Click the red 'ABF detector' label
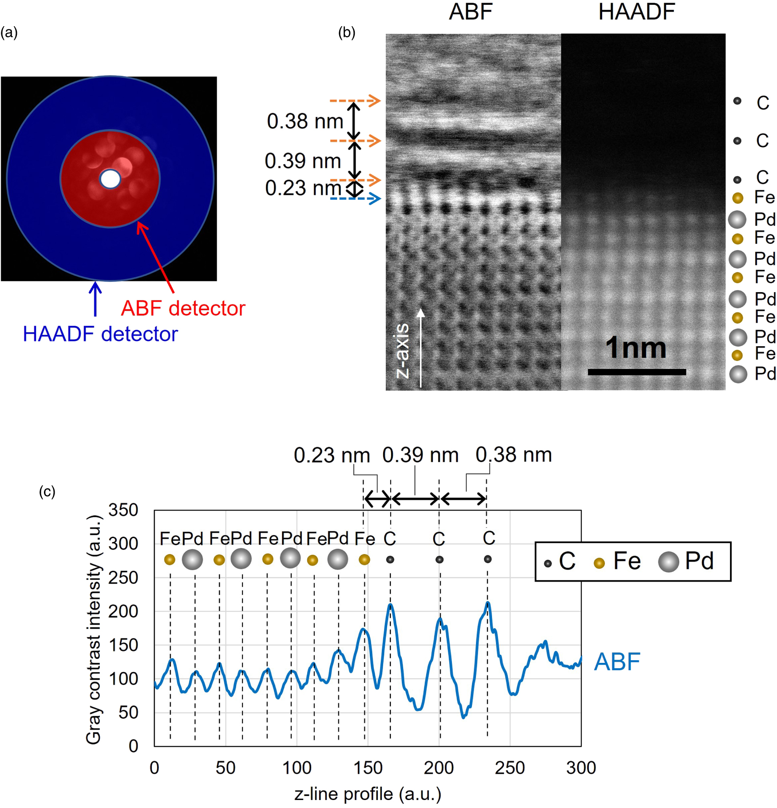click(183, 308)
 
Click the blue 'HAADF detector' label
click(100, 334)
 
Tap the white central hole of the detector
click(110, 179)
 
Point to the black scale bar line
click(637, 372)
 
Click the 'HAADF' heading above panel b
click(636, 12)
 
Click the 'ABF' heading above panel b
click(471, 12)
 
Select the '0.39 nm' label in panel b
click(303, 161)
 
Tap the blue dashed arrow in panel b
click(355, 198)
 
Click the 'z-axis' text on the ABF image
click(402, 350)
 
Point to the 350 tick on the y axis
click(123, 510)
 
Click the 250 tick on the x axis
click(510, 768)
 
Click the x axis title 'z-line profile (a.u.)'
click(368, 794)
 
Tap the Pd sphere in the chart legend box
click(669, 562)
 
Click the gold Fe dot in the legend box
click(599, 563)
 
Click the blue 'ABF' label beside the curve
click(617, 661)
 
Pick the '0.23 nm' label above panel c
click(332, 455)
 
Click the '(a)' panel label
click(9, 32)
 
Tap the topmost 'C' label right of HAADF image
click(763, 103)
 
